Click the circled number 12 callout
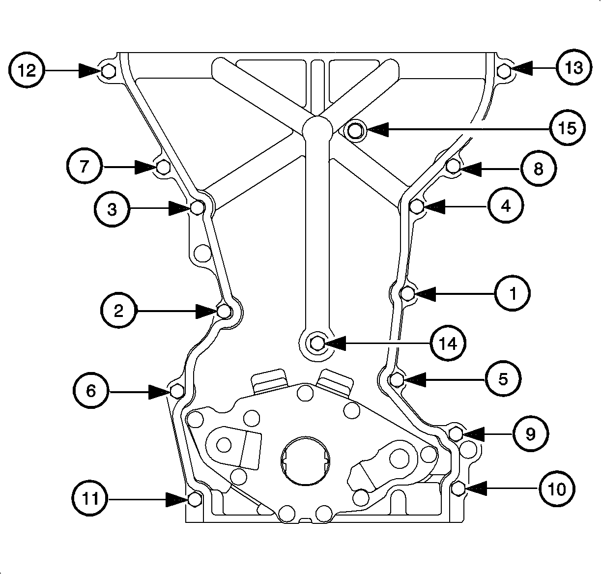tap(27, 70)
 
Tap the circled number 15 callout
tap(567, 129)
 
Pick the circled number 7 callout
tap(85, 167)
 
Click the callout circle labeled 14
tap(448, 344)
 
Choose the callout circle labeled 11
tap(91, 500)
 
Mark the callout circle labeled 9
tap(530, 434)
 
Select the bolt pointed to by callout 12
tap(109, 72)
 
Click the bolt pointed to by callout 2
tap(225, 311)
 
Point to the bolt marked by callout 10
tap(458, 488)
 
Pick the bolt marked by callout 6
tap(177, 391)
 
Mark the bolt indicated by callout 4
tap(417, 207)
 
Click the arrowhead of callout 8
tap(468, 169)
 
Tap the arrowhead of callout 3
tap(180, 208)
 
